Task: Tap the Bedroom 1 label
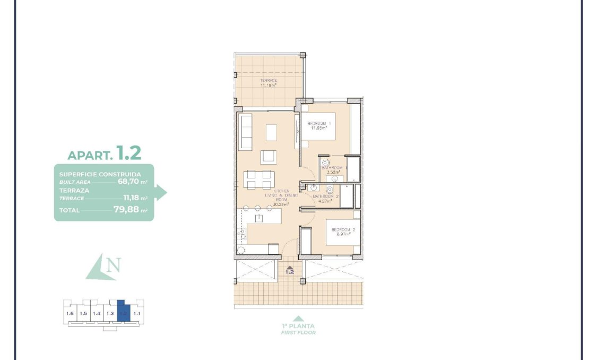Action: point(319,123)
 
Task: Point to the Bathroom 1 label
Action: point(334,167)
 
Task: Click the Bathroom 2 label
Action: point(325,196)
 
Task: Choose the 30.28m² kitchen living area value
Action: point(280,204)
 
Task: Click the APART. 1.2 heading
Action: point(104,153)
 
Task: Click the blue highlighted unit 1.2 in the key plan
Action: point(123,313)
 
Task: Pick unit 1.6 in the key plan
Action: point(70,313)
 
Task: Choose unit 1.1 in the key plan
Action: point(136,313)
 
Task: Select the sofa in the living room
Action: point(246,131)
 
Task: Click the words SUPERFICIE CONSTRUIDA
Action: point(100,174)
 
